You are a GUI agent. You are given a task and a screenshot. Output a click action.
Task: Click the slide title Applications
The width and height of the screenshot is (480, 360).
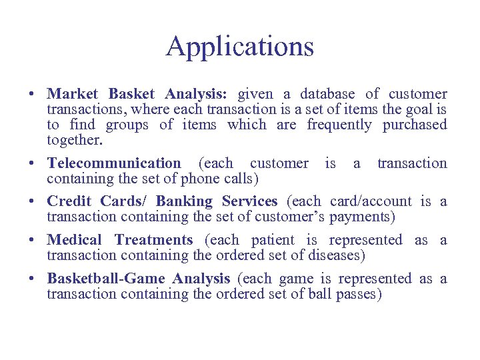coord(240,47)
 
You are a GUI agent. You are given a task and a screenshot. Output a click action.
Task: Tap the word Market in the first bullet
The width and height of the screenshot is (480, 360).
coord(72,94)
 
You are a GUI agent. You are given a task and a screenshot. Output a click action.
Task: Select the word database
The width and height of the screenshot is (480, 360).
coord(327,94)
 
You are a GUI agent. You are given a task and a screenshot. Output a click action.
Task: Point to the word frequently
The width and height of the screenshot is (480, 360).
coord(338,125)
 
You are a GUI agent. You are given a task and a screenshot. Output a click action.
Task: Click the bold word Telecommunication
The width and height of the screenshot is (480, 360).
coord(113,163)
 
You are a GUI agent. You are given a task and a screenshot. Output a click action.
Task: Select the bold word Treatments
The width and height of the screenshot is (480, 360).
coord(153,240)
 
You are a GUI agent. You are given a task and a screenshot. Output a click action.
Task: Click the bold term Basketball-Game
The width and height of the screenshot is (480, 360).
coord(105,279)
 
